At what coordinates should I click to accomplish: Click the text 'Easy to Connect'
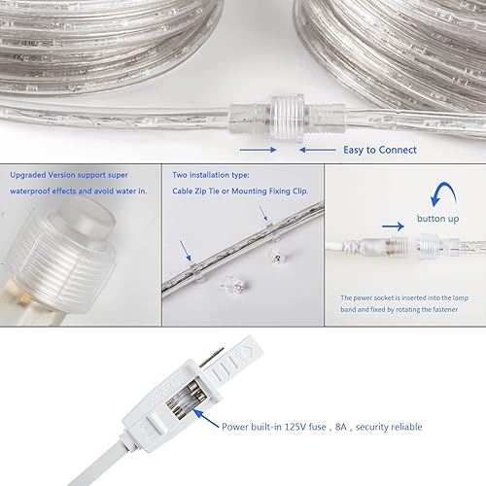379,150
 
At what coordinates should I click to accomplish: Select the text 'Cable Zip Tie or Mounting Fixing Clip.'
238,191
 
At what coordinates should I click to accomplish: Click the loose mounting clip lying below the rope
233,286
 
